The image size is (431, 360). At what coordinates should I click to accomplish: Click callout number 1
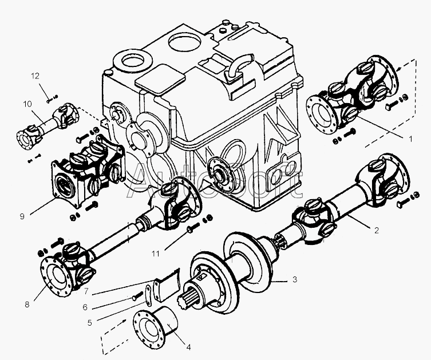tap(410, 139)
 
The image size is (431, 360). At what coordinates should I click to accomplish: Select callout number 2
tap(377, 230)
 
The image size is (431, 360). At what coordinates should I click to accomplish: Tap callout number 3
tap(295, 279)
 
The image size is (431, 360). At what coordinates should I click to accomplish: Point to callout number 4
tap(188, 347)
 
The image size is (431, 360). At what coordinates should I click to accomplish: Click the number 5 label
tap(90, 323)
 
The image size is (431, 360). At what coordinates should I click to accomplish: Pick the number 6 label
tap(85, 307)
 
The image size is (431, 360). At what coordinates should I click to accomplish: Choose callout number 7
tap(86, 291)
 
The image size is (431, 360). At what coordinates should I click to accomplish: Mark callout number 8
tap(27, 304)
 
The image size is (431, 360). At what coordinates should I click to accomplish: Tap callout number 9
tap(22, 216)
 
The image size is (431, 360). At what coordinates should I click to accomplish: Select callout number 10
tap(27, 104)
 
